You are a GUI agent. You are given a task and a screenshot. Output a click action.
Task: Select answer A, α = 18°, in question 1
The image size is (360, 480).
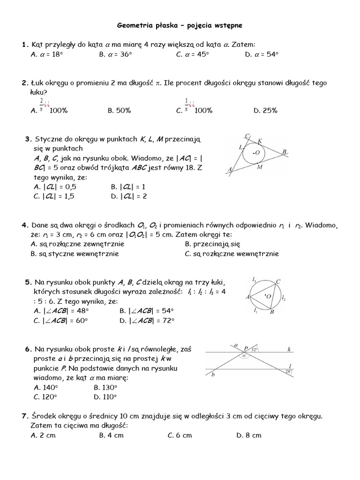(46, 54)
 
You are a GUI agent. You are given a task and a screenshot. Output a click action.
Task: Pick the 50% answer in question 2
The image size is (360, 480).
(119, 111)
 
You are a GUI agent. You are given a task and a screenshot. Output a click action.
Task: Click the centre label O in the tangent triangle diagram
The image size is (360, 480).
(257, 153)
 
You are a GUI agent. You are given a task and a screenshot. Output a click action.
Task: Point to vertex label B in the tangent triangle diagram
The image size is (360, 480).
(284, 151)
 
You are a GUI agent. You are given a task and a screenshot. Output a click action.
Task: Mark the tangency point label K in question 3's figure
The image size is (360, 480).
(260, 140)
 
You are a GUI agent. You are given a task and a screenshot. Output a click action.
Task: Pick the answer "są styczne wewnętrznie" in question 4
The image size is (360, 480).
(75, 254)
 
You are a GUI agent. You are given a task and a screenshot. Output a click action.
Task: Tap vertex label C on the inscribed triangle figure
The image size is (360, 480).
(278, 281)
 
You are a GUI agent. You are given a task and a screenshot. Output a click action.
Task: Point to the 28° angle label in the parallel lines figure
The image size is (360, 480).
(289, 372)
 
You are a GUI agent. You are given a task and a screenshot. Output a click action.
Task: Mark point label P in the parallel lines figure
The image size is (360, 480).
(246, 349)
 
